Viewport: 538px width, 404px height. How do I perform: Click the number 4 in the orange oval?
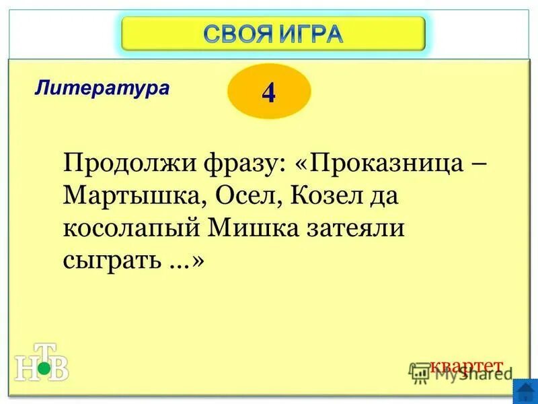click(x=269, y=93)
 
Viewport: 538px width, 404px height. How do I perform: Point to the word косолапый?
click(x=132, y=229)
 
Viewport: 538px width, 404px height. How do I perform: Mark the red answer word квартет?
click(x=466, y=366)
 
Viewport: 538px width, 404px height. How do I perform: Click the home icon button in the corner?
click(x=525, y=391)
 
